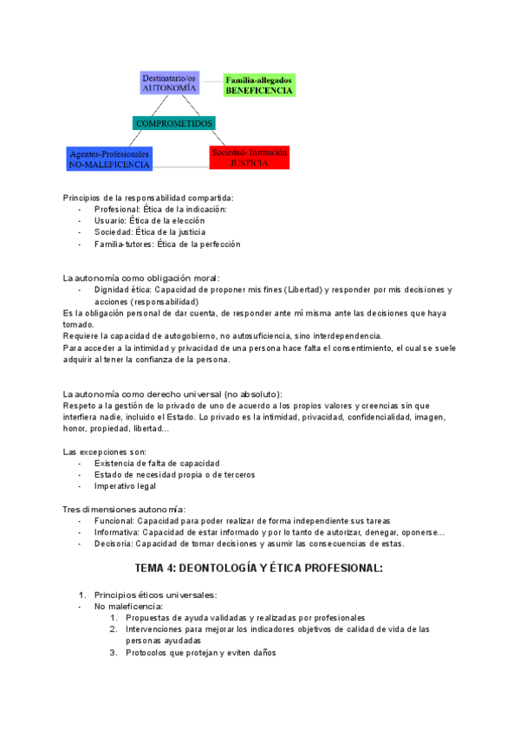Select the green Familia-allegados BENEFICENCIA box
point(259,84)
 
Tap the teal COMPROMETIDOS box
point(174,123)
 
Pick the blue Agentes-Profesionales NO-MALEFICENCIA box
point(109,159)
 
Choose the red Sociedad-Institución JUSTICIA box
point(248,157)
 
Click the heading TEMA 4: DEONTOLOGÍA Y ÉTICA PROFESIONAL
point(259,569)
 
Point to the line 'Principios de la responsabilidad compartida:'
point(148,198)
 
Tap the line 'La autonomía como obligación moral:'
point(141,277)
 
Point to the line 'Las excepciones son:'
point(105,452)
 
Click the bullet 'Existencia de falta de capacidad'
point(157,463)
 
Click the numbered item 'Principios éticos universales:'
point(156,595)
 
